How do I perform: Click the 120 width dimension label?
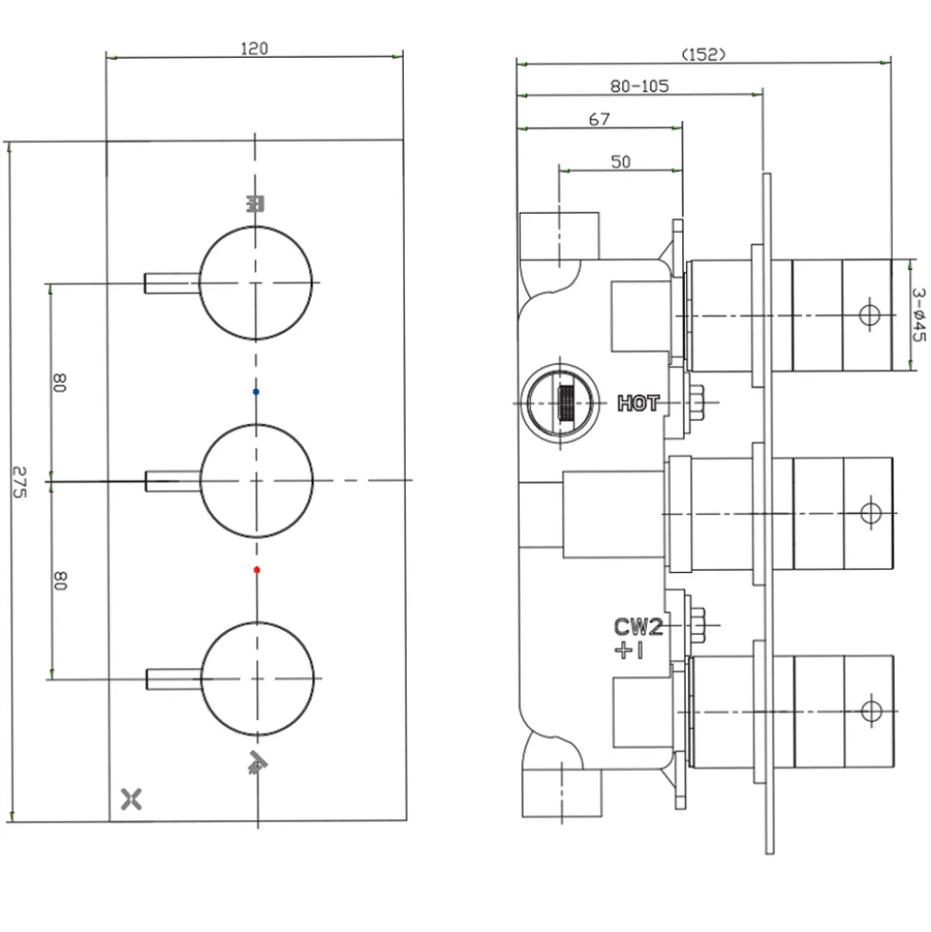tap(254, 48)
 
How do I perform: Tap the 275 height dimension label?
tap(20, 482)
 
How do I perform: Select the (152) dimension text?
tap(703, 54)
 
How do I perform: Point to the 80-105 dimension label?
tap(639, 86)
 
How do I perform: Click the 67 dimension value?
tap(599, 120)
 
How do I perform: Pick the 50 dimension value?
tap(620, 162)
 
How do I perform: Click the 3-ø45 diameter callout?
tap(919, 315)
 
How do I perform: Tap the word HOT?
tap(638, 403)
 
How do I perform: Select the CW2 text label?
tap(637, 626)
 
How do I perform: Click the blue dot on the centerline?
tap(256, 391)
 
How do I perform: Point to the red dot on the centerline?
tap(256, 570)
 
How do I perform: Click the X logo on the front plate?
tap(131, 799)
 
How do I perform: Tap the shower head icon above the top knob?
tap(255, 204)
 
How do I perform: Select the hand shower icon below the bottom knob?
tap(256, 763)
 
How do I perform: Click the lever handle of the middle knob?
tap(173, 481)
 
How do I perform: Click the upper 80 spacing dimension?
tap(60, 382)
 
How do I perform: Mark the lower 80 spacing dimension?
tap(60, 580)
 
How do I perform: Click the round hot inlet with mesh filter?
tap(560, 403)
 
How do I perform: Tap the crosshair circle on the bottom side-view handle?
tap(871, 711)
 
